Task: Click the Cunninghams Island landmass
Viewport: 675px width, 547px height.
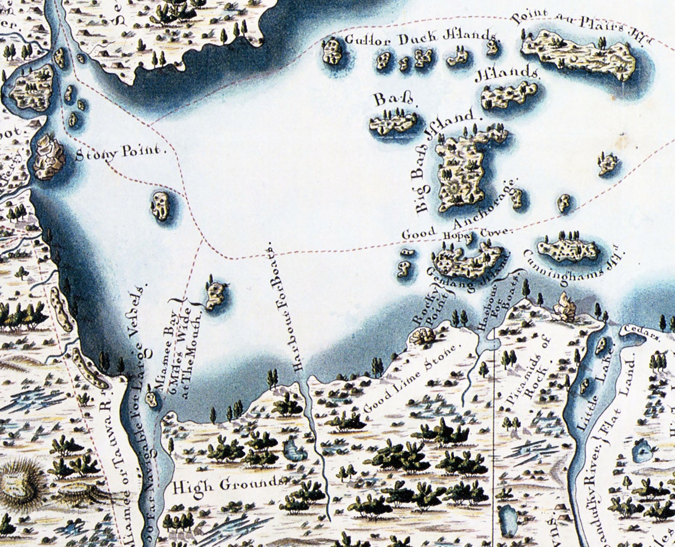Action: tap(569, 250)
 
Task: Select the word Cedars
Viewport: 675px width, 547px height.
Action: tap(632, 335)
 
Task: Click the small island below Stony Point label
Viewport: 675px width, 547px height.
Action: tap(160, 206)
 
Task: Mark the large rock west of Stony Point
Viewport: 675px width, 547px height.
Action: tap(49, 157)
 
